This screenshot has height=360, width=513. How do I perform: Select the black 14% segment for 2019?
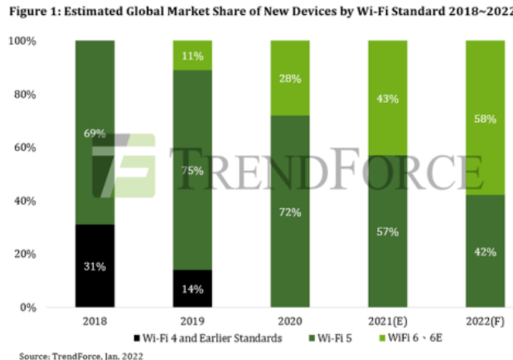[x=191, y=288]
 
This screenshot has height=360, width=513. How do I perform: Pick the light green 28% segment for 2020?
[x=289, y=78]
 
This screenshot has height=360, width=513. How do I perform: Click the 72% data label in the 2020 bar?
[x=289, y=213]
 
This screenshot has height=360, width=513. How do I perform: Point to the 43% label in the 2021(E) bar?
[x=387, y=99]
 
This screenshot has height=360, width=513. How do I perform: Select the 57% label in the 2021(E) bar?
[x=387, y=231]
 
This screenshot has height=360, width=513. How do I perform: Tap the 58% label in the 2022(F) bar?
[x=484, y=119]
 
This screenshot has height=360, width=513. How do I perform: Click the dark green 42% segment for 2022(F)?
[x=484, y=251]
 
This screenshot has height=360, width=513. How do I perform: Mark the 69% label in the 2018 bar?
[x=94, y=133]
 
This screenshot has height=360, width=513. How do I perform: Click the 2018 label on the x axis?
[x=94, y=320]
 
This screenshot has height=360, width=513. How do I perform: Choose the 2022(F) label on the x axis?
[x=484, y=320]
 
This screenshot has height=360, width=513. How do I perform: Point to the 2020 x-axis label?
[x=289, y=320]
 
